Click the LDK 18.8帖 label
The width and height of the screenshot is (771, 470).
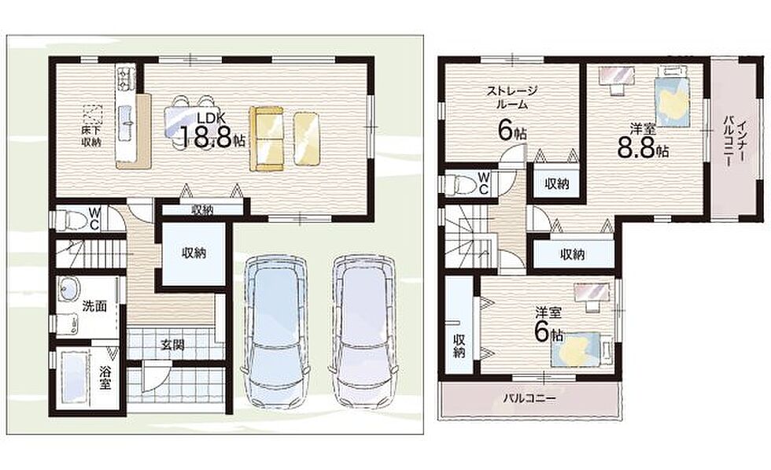[212, 131]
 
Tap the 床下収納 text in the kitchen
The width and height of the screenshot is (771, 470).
[92, 137]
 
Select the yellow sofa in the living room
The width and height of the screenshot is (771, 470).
[267, 139]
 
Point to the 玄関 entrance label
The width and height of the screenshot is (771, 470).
[172, 345]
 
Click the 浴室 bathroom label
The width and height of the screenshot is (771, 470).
[104, 377]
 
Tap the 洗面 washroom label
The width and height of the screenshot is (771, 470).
[94, 306]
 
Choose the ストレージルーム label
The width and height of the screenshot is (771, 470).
[512, 97]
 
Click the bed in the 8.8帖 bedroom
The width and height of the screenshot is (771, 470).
[672, 96]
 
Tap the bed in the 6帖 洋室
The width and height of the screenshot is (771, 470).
[581, 350]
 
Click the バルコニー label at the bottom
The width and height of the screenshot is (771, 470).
[529, 398]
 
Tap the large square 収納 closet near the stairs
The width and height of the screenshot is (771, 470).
[194, 254]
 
